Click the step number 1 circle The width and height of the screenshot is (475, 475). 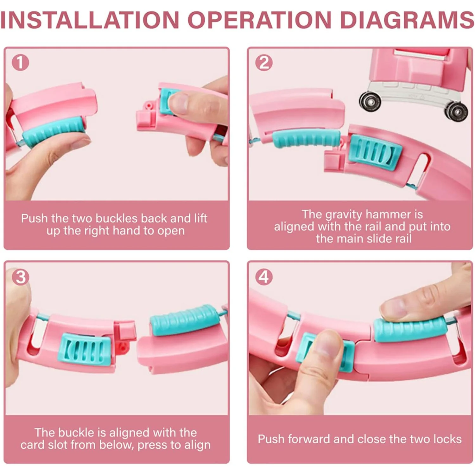click(21, 62)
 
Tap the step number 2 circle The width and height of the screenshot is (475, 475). click(264, 62)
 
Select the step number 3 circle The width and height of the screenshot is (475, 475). click(21, 277)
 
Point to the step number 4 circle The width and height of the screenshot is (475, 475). click(264, 277)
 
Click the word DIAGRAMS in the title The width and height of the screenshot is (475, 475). click(407, 20)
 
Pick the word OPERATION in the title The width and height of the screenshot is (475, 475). click(260, 20)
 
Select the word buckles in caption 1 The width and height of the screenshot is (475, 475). click(117, 218)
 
